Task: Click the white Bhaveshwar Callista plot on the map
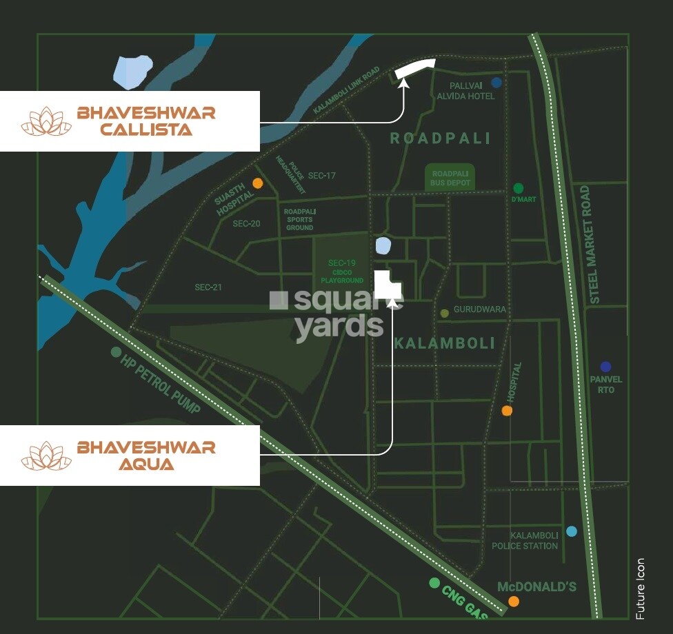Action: click(415, 68)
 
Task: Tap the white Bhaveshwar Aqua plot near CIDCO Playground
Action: click(386, 284)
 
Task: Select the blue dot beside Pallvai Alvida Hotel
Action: click(496, 83)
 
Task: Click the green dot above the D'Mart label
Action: click(519, 188)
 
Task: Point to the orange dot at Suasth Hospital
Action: click(257, 183)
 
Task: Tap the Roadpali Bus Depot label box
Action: click(451, 178)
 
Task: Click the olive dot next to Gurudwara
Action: click(445, 313)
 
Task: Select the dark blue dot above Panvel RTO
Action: click(605, 367)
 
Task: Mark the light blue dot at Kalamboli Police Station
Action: click(571, 531)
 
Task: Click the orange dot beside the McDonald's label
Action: click(514, 602)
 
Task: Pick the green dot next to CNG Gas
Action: click(434, 583)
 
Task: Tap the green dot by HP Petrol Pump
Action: click(115, 352)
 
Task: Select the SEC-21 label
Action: click(208, 287)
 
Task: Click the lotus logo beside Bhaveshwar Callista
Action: click(46, 121)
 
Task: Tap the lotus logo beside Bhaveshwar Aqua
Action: click(46, 456)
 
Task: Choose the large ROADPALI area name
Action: click(440, 139)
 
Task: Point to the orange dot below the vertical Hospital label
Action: click(507, 411)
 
